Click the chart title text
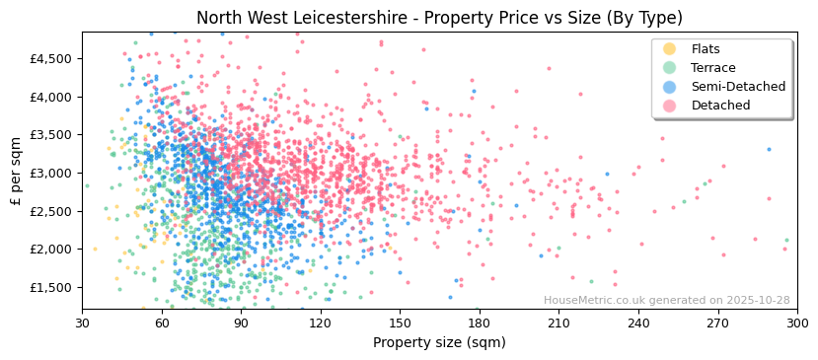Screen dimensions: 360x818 (439, 18)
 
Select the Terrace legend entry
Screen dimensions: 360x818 (713, 68)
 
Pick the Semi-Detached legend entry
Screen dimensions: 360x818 (738, 87)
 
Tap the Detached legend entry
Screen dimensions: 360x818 (720, 106)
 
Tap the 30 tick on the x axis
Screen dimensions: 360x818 (83, 324)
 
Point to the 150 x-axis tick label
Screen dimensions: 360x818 (400, 324)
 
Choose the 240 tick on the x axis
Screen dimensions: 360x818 (638, 324)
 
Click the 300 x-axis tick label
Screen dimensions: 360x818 (796, 324)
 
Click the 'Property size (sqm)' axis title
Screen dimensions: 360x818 (439, 343)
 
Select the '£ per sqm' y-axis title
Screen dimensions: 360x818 (17, 172)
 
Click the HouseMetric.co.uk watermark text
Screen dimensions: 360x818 (666, 301)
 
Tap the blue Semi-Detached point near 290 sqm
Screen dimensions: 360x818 (770, 150)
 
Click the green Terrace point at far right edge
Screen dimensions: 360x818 (786, 240)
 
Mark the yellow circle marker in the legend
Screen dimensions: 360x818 (670, 49)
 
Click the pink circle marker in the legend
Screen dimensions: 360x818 (670, 106)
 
